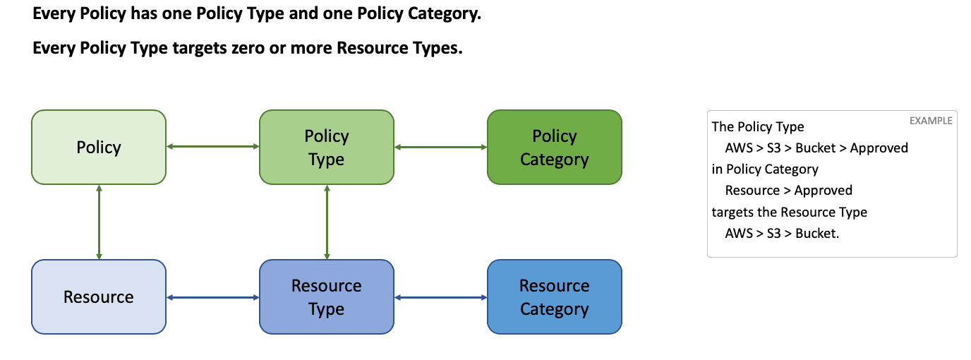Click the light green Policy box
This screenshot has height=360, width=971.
pyautogui.click(x=99, y=147)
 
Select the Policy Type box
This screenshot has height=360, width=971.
pyautogui.click(x=327, y=147)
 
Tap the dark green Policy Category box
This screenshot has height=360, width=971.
pyautogui.click(x=555, y=147)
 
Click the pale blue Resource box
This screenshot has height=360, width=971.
pyautogui.click(x=99, y=297)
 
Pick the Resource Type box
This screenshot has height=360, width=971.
pyautogui.click(x=327, y=297)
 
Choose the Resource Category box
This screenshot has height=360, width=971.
pyautogui.click(x=555, y=297)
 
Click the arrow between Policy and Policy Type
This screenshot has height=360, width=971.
pyautogui.click(x=213, y=147)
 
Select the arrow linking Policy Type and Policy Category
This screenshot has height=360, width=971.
pyautogui.click(x=441, y=147)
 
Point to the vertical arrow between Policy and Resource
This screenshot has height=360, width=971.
pyautogui.click(x=99, y=222)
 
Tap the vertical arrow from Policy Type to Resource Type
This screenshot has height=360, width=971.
pyautogui.click(x=327, y=222)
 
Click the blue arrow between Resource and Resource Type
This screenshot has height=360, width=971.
pyautogui.click(x=213, y=298)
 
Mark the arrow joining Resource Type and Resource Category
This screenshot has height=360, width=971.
pyautogui.click(x=441, y=298)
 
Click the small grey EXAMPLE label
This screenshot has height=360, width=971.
pyautogui.click(x=931, y=121)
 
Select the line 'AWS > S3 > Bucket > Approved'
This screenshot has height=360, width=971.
pyautogui.click(x=816, y=148)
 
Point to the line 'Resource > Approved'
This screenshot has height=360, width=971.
pyautogui.click(x=788, y=191)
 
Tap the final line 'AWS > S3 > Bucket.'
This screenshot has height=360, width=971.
pyautogui.click(x=782, y=234)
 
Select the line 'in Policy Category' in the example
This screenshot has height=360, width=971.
pyautogui.click(x=765, y=169)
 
